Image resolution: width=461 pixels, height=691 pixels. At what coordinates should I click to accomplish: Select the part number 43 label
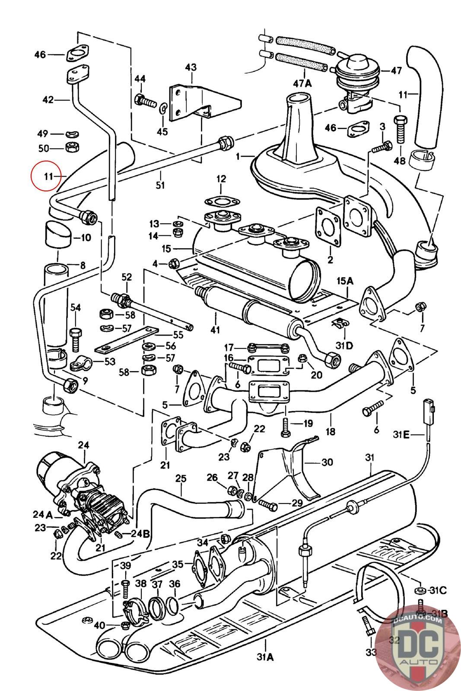coord(191,67)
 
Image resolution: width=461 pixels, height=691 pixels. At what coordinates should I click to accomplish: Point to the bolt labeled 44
coord(146,102)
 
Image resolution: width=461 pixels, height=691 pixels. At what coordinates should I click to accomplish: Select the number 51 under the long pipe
coord(160,186)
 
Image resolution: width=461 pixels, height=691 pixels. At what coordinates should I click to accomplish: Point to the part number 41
coord(215,330)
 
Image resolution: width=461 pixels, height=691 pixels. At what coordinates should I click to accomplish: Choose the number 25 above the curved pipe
coord(181,479)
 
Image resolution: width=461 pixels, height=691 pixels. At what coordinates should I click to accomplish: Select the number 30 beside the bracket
coord(327,462)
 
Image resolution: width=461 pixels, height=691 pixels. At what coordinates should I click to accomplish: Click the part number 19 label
coord(308,424)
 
